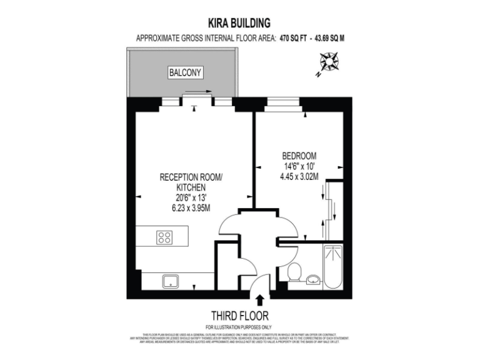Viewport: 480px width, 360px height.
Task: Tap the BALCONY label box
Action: click(x=186, y=73)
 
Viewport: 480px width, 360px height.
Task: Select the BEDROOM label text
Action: click(x=299, y=156)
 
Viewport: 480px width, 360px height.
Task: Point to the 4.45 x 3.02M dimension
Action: click(x=299, y=177)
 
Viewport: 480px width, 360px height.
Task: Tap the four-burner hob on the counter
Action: click(x=165, y=237)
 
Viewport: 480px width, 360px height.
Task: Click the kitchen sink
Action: click(x=170, y=281)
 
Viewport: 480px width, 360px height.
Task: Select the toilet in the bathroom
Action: click(x=296, y=272)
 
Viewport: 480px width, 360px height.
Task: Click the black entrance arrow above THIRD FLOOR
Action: click(x=260, y=302)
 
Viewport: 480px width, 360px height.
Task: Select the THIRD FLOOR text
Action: click(x=240, y=316)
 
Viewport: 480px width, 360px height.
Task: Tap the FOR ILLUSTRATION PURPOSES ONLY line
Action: click(x=239, y=327)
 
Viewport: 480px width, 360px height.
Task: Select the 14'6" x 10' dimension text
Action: click(x=299, y=166)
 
